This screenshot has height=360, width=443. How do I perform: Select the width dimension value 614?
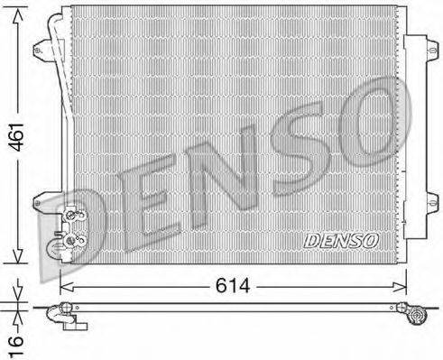click(x=233, y=286)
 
